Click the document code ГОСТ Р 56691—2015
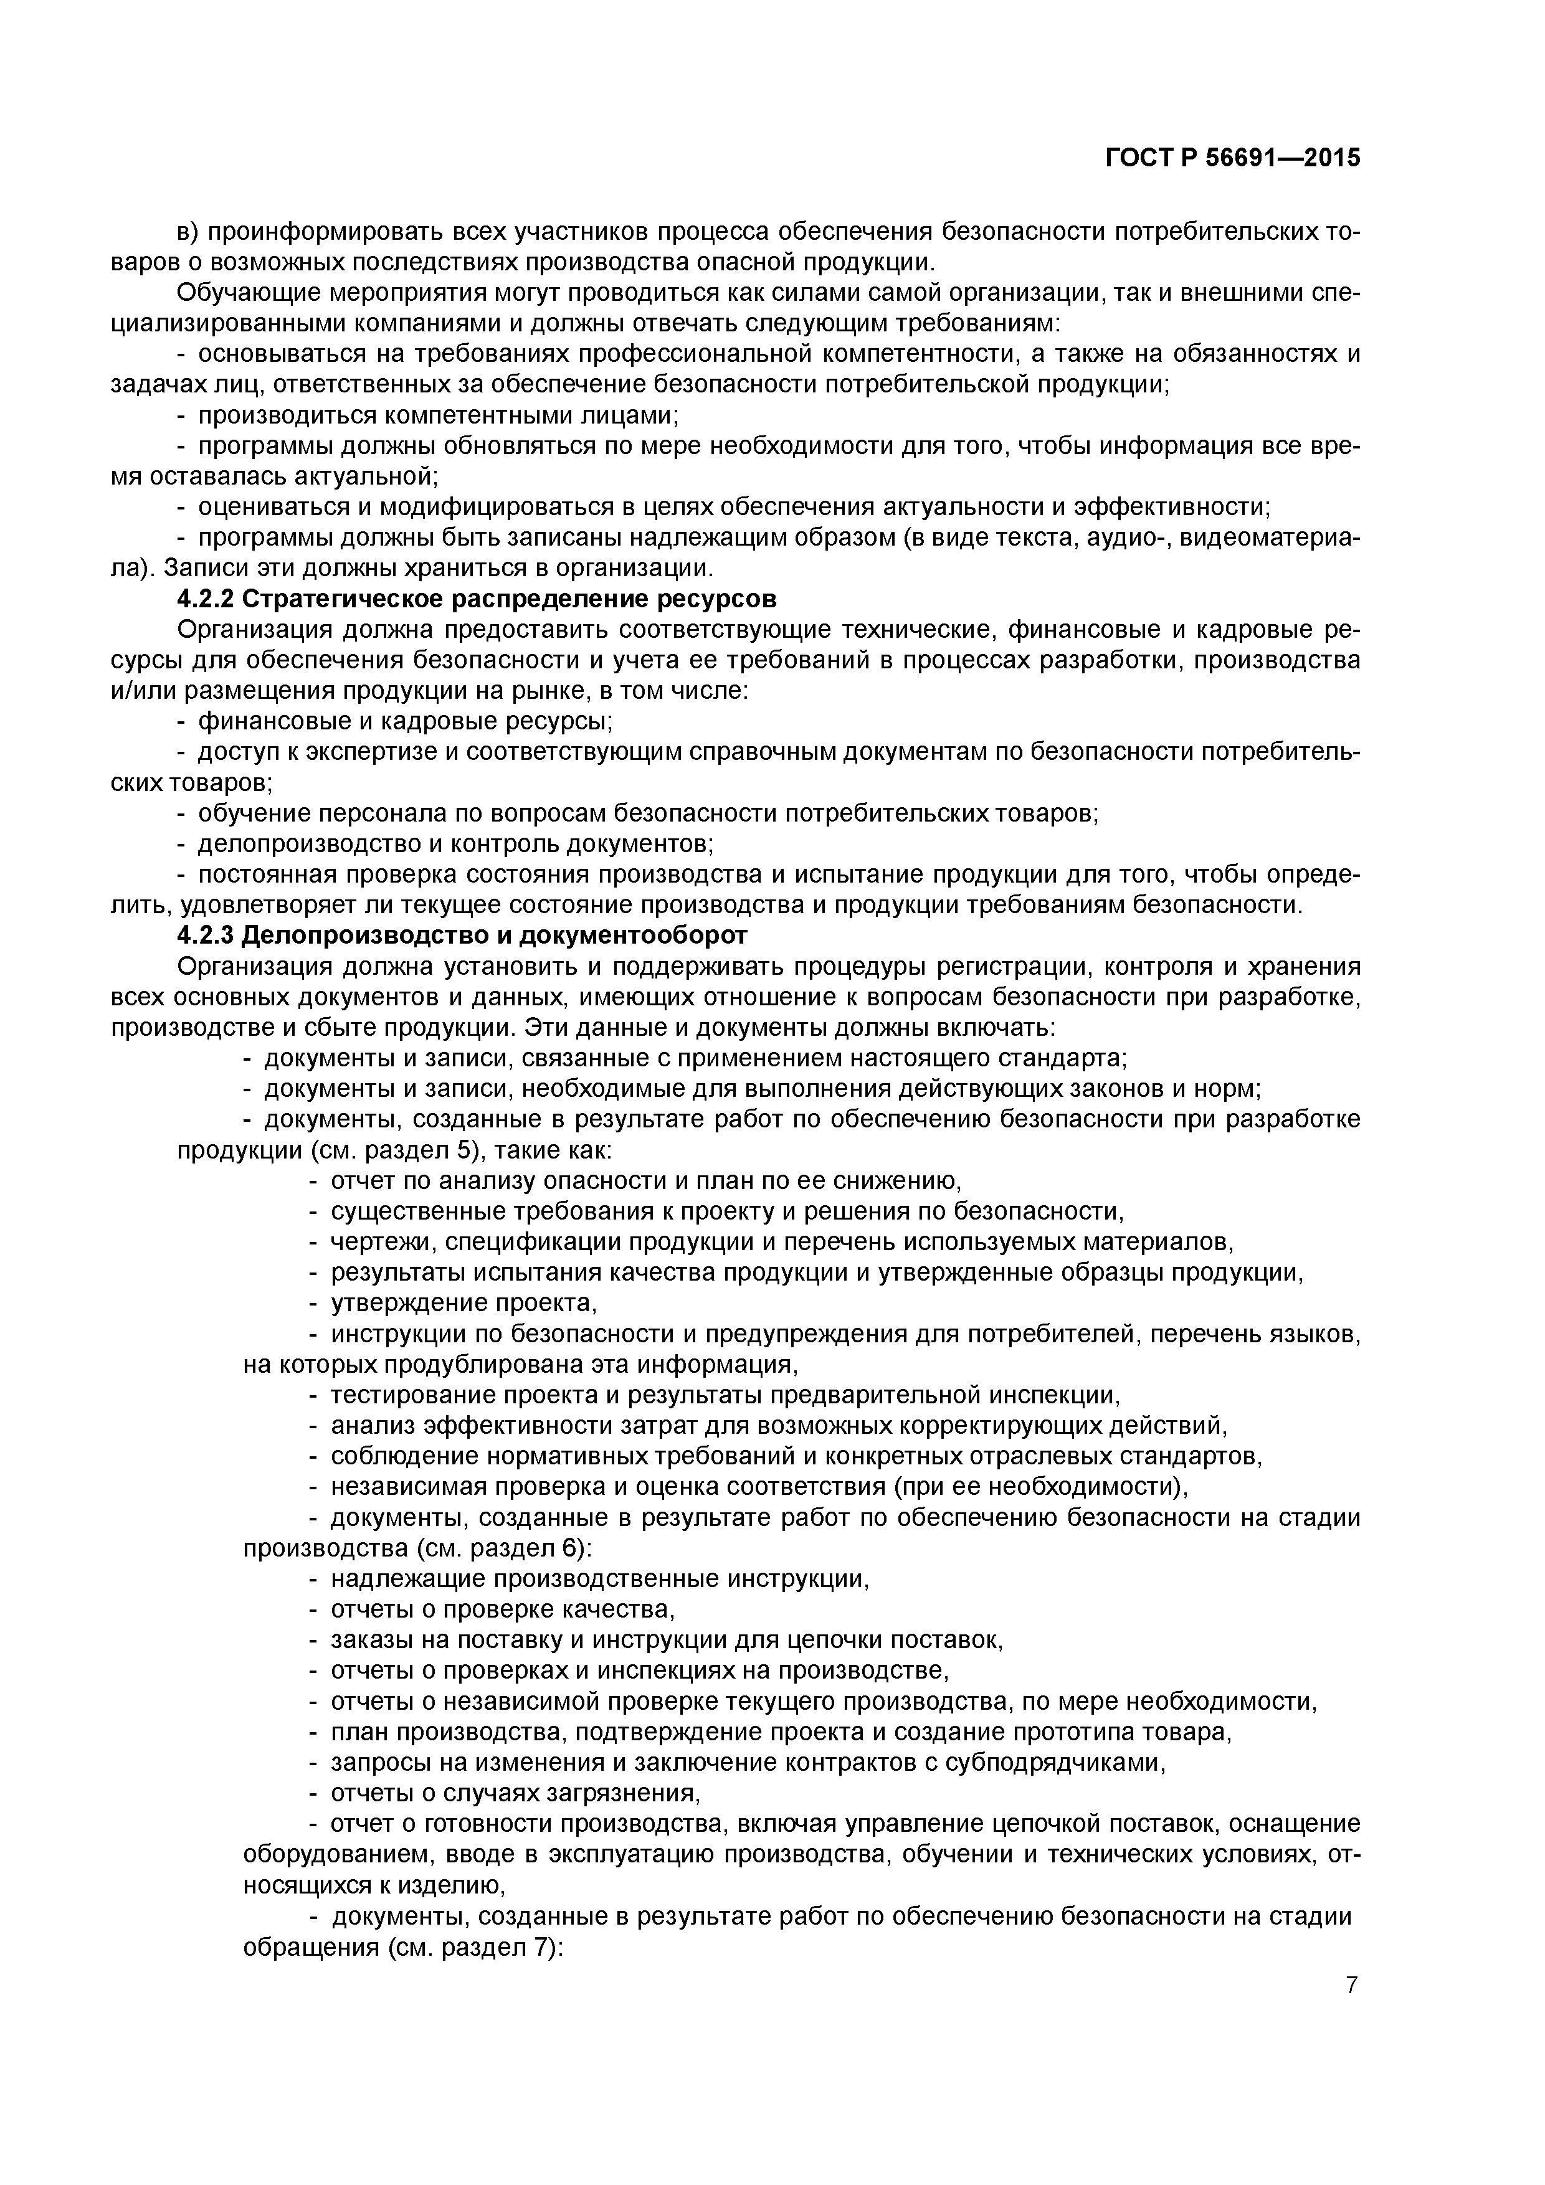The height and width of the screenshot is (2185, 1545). [x=1233, y=158]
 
